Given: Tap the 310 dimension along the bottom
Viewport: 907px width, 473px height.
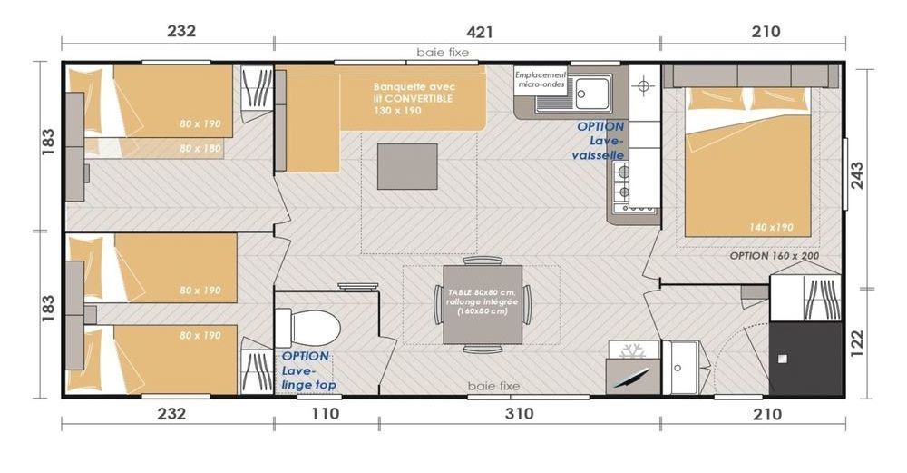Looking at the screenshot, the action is (x=519, y=413).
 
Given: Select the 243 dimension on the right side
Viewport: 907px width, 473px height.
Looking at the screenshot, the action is (x=857, y=175).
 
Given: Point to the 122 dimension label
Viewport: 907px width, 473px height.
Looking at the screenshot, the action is (x=857, y=343).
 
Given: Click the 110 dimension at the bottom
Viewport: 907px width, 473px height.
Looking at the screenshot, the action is (x=325, y=413).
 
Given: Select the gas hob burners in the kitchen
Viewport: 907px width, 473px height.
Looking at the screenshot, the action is (x=622, y=181).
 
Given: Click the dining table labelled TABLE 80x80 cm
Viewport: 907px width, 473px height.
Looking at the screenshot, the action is (x=483, y=304).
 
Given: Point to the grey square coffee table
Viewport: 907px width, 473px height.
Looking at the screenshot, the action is (x=407, y=166).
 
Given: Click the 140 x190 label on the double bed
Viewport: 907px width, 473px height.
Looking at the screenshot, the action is (x=771, y=227).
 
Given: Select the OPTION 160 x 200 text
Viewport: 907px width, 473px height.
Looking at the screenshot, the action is (x=774, y=255).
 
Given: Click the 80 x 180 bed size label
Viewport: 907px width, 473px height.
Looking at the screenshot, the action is (x=200, y=148).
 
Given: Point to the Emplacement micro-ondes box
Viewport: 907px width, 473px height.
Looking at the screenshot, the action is (x=541, y=80).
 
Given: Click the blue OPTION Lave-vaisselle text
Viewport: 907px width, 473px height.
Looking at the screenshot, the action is (x=600, y=141).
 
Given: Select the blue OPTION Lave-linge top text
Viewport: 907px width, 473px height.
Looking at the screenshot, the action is (x=307, y=370).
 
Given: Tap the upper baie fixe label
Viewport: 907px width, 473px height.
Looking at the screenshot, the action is (x=443, y=53).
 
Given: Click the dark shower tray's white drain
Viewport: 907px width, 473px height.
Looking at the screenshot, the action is (x=783, y=359).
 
